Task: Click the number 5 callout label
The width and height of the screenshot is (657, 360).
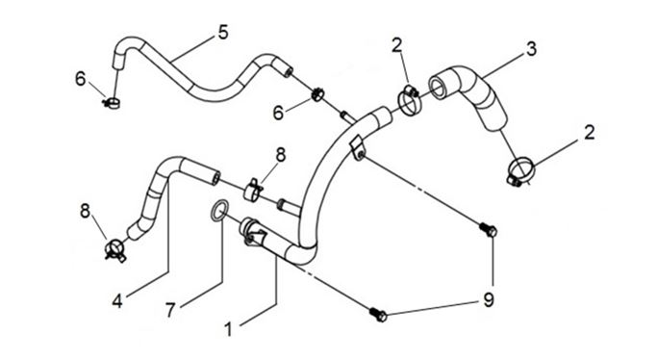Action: [223, 33]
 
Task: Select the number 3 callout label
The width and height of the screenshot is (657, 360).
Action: [531, 49]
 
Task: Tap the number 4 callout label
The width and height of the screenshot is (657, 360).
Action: [117, 301]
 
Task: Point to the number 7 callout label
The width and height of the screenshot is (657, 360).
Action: [170, 311]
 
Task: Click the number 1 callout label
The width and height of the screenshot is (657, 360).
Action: [228, 329]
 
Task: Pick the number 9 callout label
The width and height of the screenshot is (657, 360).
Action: [489, 299]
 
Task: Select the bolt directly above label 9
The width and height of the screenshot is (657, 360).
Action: [488, 230]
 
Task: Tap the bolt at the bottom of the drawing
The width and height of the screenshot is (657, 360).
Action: [378, 315]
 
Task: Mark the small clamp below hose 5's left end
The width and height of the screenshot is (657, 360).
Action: [112, 102]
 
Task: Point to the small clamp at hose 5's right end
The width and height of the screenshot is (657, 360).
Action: [317, 94]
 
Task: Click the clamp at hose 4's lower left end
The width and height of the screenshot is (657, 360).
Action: [114, 249]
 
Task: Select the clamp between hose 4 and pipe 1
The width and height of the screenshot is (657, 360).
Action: [253, 192]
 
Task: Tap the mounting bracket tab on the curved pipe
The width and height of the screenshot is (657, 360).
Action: [357, 148]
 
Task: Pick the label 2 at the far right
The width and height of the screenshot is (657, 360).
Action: [590, 133]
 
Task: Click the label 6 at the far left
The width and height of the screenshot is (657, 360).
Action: [81, 78]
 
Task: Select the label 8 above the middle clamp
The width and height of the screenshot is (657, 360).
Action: [280, 155]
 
